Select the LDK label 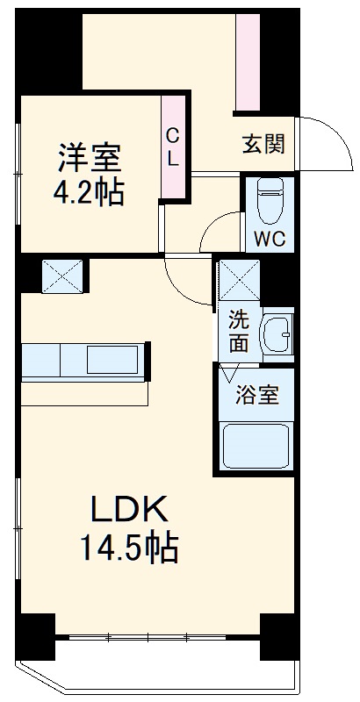(130, 511)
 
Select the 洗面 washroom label (239, 331)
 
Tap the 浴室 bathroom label (257, 395)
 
